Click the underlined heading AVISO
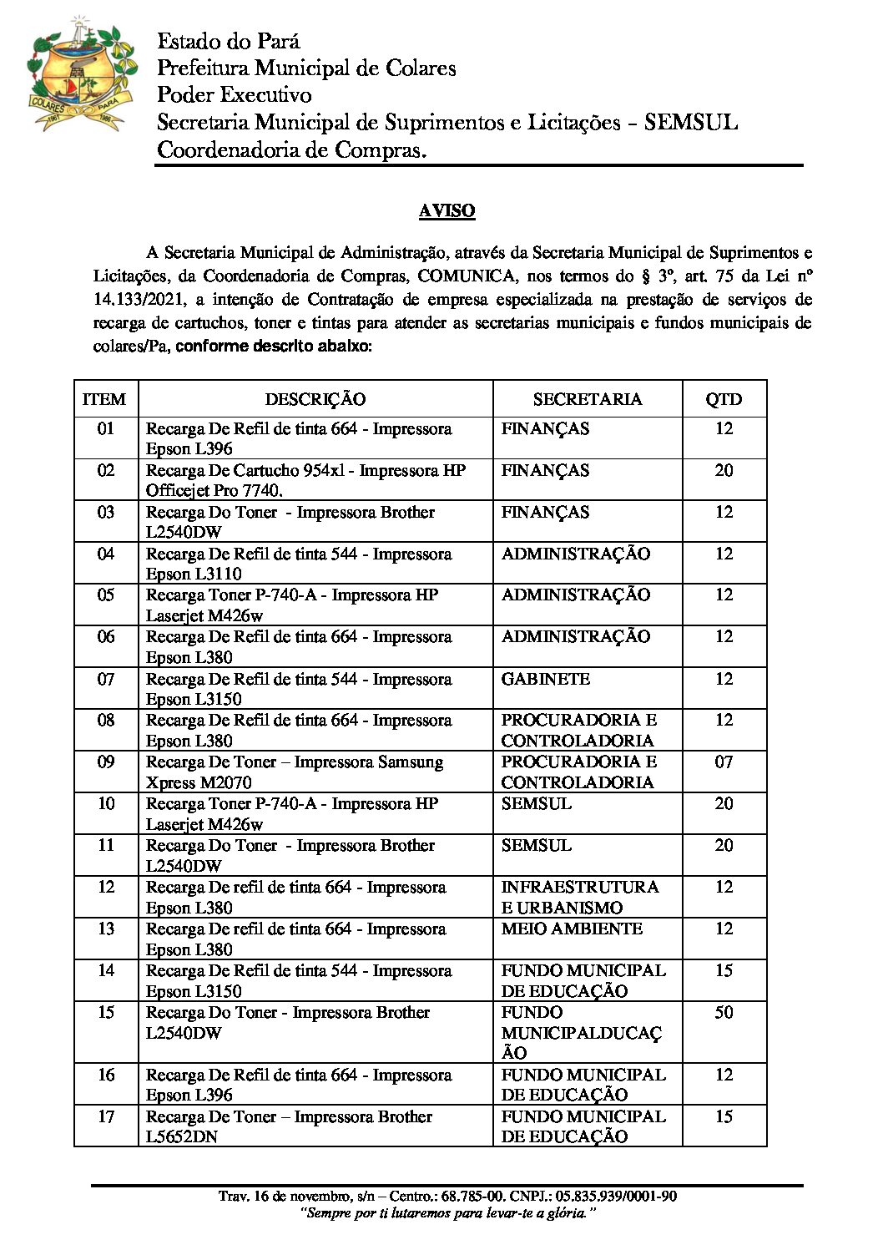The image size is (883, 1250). [447, 211]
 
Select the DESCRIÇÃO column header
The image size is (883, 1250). [315, 399]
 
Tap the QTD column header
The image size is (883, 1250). [723, 399]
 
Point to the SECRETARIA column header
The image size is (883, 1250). [587, 399]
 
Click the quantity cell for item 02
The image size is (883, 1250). [723, 471]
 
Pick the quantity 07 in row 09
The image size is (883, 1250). [723, 762]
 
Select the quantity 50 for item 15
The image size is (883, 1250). [723, 1013]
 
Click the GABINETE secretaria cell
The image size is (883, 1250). [545, 679]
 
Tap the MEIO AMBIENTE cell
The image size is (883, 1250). [572, 929]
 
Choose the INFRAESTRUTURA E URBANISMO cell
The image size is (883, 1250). [579, 897]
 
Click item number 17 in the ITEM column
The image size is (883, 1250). [106, 1117]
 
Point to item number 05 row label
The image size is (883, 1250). [106, 595]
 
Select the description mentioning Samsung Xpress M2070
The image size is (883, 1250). [295, 772]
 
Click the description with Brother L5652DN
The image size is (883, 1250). [289, 1126]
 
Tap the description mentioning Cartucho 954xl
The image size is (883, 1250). [305, 480]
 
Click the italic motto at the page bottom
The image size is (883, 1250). [447, 1213]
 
